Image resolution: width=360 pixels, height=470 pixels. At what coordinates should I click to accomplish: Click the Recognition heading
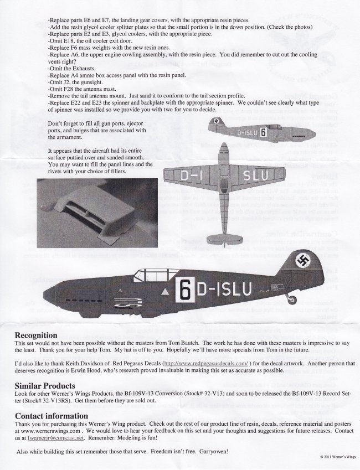click(36, 335)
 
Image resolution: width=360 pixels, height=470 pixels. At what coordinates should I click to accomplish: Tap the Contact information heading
click(52, 416)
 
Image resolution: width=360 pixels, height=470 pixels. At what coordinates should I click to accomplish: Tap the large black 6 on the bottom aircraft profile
click(185, 288)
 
